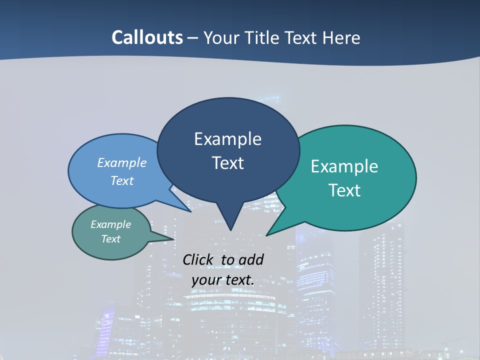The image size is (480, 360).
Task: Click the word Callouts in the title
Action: click(147, 37)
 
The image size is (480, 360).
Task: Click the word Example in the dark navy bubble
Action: click(227, 139)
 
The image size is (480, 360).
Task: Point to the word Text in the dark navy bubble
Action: click(227, 163)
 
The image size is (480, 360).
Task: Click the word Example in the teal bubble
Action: click(344, 166)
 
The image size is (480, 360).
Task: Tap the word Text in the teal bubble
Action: click(344, 190)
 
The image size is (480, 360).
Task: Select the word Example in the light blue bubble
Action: click(122, 163)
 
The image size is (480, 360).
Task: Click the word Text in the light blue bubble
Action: click(122, 180)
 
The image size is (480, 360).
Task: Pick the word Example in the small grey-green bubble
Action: click(111, 224)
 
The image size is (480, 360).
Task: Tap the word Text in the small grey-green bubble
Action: click(111, 239)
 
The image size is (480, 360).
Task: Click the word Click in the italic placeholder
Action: click(199, 259)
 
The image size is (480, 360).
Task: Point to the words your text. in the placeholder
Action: click(223, 280)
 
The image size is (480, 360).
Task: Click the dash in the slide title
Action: click(193, 38)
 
